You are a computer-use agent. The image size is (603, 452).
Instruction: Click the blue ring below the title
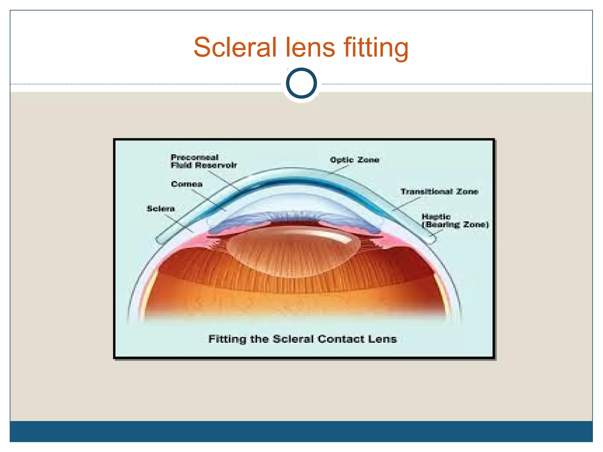301,83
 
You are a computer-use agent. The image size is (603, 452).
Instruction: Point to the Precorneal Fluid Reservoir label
203,161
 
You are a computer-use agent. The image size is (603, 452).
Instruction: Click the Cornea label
187,184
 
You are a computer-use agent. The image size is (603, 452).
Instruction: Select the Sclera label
160,209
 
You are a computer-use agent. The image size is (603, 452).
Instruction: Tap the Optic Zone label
354,160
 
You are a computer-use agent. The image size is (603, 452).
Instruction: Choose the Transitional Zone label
439,192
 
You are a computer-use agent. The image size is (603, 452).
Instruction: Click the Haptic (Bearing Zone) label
455,221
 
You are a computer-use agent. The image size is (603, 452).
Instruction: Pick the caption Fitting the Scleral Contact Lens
302,339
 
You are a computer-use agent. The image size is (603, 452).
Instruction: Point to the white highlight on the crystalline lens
333,235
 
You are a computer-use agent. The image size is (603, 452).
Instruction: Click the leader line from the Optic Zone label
339,169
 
